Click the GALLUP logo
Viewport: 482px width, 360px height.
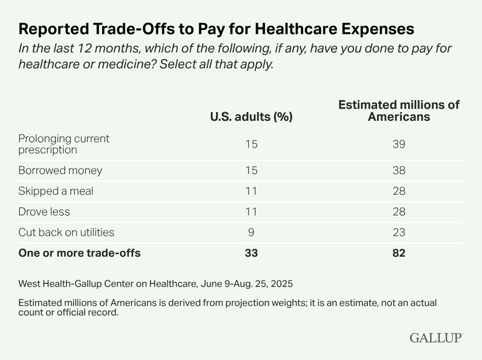pos(435,338)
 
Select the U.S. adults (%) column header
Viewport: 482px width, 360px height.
pos(251,116)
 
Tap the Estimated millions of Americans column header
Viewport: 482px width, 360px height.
pos(399,110)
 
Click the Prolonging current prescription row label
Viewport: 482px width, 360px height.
pos(64,144)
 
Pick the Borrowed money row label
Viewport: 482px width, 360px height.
pos(60,171)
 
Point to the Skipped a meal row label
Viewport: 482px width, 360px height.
pos(55,191)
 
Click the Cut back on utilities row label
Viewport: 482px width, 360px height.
pos(66,232)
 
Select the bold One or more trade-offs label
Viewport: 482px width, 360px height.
pos(79,253)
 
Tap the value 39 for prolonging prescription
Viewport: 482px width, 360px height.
pos(399,144)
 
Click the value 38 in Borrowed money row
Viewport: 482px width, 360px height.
pos(399,171)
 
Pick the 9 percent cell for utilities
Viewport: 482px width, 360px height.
pos(251,232)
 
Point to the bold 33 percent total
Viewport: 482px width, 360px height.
pos(251,253)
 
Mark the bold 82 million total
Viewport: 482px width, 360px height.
pos(399,253)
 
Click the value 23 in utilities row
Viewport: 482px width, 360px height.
pos(399,232)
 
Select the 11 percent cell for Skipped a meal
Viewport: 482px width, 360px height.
pos(251,191)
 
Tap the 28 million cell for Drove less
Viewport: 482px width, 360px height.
pos(399,212)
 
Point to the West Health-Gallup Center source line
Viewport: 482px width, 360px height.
pos(155,284)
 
